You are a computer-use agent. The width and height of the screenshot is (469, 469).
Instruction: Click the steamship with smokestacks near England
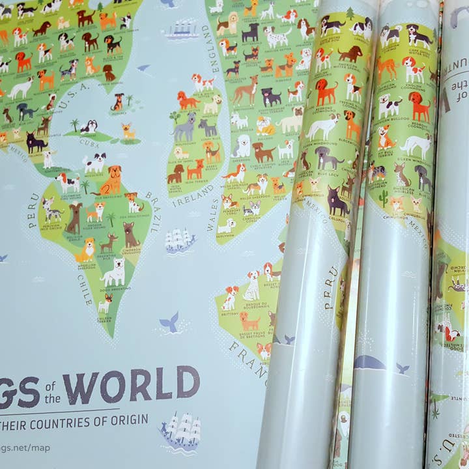182,30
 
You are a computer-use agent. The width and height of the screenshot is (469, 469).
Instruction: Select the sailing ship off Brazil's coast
180,240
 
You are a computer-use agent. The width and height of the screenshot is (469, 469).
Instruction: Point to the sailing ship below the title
180,430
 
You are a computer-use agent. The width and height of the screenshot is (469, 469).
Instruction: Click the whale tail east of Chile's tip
170,321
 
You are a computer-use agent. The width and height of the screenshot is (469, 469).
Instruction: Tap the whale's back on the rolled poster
369,362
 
